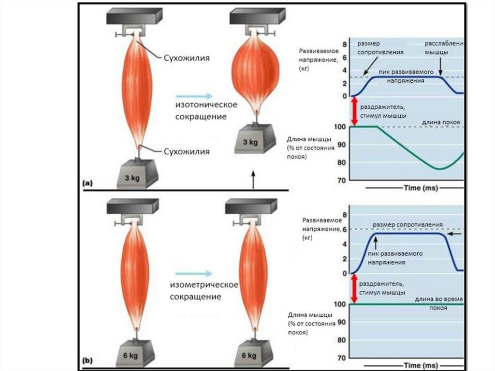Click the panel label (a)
(87, 183)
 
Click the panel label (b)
(87, 360)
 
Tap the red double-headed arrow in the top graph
(354, 111)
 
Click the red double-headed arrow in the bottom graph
(354, 288)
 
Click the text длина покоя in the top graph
(440, 122)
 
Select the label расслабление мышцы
(444, 47)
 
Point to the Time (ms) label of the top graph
(421, 188)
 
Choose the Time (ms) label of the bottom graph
(421, 365)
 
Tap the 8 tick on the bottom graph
(344, 214)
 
